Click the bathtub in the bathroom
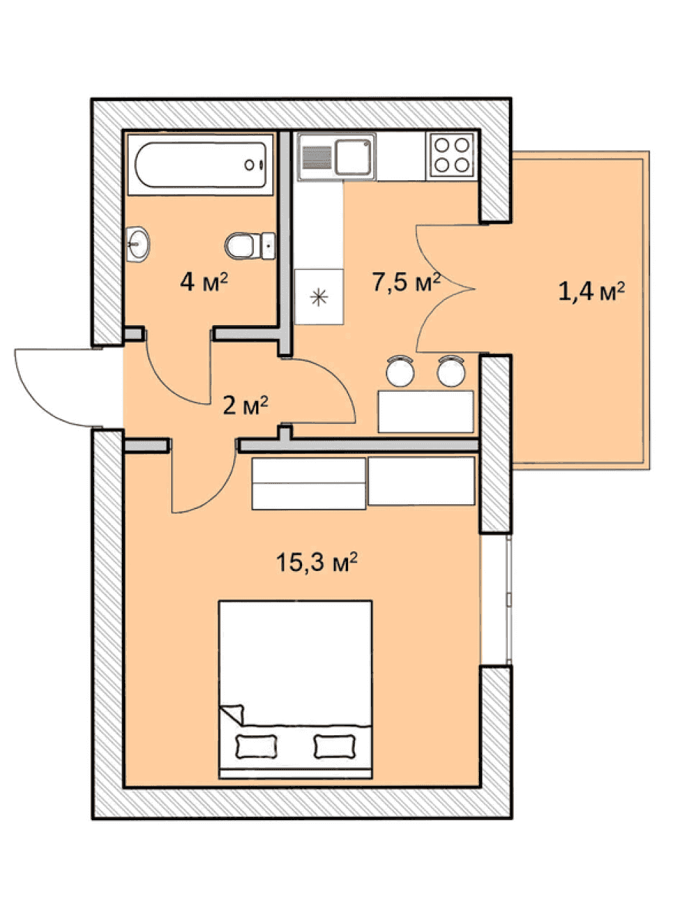tap(200, 164)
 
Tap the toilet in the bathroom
tap(249, 246)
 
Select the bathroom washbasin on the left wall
tap(138, 244)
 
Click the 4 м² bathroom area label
tap(204, 282)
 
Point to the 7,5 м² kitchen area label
tap(406, 282)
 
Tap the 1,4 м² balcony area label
tap(591, 291)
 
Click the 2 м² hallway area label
tap(245, 405)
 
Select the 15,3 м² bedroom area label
tap(317, 561)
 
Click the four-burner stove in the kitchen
tap(452, 156)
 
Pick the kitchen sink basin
tap(353, 157)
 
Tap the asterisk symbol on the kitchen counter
tap(319, 297)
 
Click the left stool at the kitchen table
tap(400, 370)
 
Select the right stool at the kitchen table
tap(451, 370)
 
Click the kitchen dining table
tap(425, 411)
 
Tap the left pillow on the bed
tap(256, 747)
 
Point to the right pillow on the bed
tap(334, 746)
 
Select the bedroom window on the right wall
tap(496, 599)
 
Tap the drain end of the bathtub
tap(254, 165)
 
